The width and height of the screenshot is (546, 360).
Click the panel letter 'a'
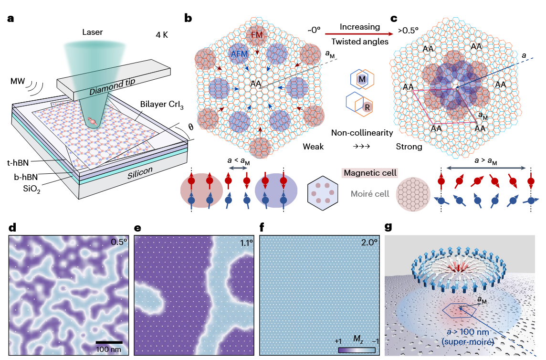tap(11, 19)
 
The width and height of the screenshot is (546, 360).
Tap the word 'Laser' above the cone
tap(93, 33)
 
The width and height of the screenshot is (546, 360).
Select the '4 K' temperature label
tap(165, 35)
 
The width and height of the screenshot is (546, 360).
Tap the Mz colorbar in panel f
tap(357, 350)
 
